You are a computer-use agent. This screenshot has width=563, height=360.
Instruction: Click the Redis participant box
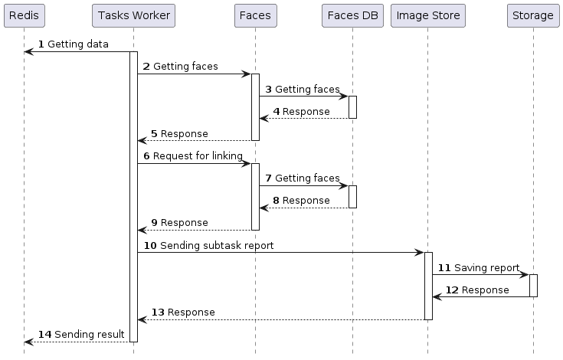[24, 15]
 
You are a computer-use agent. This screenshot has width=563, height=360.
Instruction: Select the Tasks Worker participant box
[133, 15]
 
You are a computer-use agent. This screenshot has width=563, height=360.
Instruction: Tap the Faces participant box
[255, 15]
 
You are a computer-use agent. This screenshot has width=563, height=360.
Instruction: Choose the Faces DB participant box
[352, 15]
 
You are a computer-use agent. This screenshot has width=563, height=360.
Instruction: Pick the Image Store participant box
[427, 15]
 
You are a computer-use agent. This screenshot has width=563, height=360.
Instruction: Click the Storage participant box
[532, 15]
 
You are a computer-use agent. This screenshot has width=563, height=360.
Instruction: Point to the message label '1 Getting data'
[74, 45]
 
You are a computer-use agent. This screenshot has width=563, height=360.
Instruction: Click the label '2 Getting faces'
[180, 67]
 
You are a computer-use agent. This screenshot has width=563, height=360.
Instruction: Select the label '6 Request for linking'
[192, 156]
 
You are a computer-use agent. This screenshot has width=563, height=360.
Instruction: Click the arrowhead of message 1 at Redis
[28, 52]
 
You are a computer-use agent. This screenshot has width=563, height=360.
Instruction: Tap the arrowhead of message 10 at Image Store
[419, 252]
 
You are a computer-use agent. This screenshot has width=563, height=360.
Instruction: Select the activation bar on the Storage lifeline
[532, 285]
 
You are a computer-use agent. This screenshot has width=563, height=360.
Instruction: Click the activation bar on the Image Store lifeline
[428, 286]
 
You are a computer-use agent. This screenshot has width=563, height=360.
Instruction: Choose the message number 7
[268, 178]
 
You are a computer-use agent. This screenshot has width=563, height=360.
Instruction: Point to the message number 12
[452, 290]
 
